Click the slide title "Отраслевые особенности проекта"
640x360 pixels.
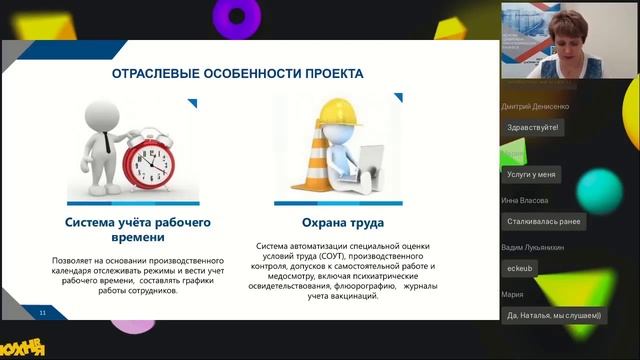[x=237, y=74]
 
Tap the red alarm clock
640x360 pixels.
[x=148, y=159]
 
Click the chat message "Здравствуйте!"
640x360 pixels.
[x=533, y=127]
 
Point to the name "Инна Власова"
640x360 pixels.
[x=527, y=200]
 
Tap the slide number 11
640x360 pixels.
[x=43, y=313]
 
